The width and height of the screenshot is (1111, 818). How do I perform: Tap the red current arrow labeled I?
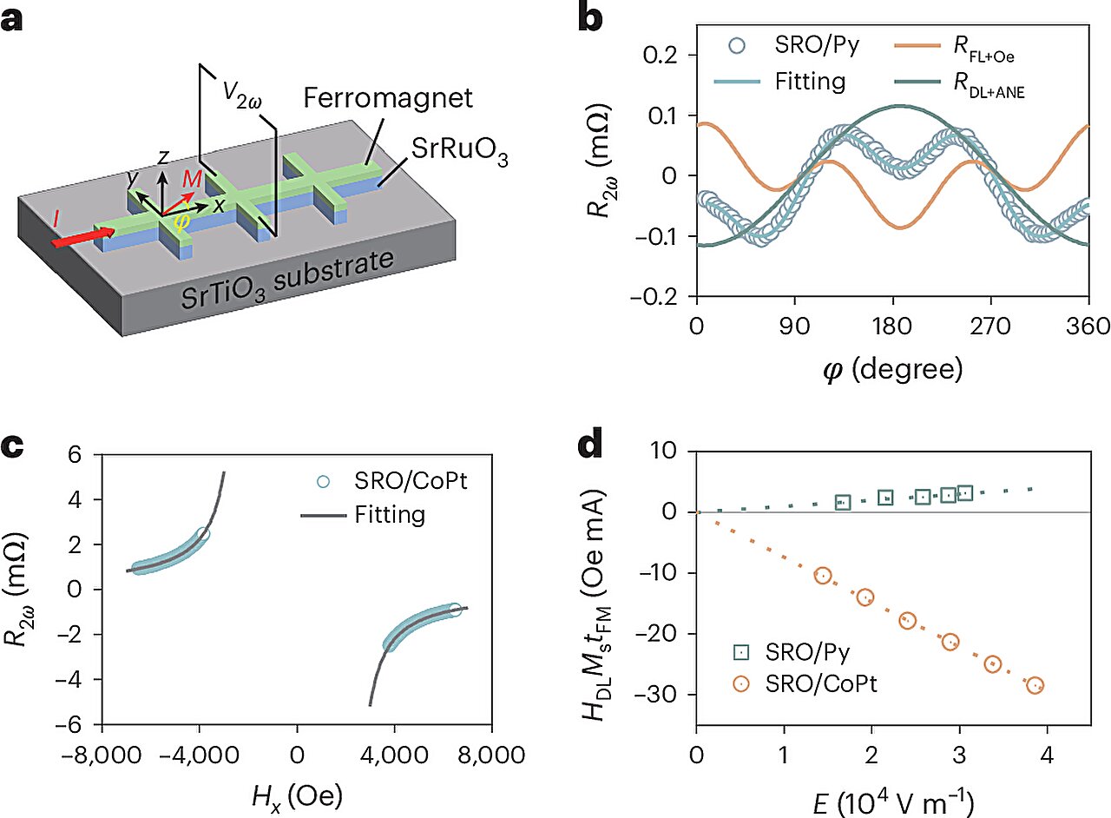pyautogui.click(x=83, y=237)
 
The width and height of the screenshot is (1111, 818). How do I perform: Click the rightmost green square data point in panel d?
pyautogui.click(x=965, y=493)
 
